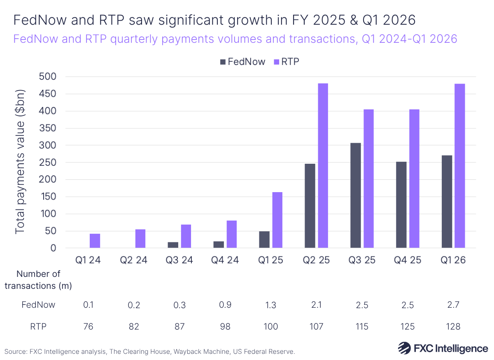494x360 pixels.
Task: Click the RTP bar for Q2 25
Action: (x=323, y=166)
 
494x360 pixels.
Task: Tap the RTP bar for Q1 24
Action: (x=95, y=241)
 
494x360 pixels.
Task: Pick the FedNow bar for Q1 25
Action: (x=264, y=239)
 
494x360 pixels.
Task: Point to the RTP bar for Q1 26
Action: (x=459, y=166)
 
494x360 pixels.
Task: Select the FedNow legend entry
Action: (x=241, y=62)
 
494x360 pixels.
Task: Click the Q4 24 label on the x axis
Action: (x=225, y=260)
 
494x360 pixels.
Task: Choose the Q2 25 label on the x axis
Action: (x=316, y=260)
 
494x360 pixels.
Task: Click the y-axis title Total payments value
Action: (x=20, y=162)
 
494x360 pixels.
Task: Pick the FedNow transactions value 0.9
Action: (x=225, y=305)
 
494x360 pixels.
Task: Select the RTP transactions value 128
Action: (x=452, y=327)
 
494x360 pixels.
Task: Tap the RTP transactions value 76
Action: (x=88, y=327)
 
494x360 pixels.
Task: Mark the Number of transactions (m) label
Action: (x=38, y=280)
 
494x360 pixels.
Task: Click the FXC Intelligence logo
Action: (x=443, y=348)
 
